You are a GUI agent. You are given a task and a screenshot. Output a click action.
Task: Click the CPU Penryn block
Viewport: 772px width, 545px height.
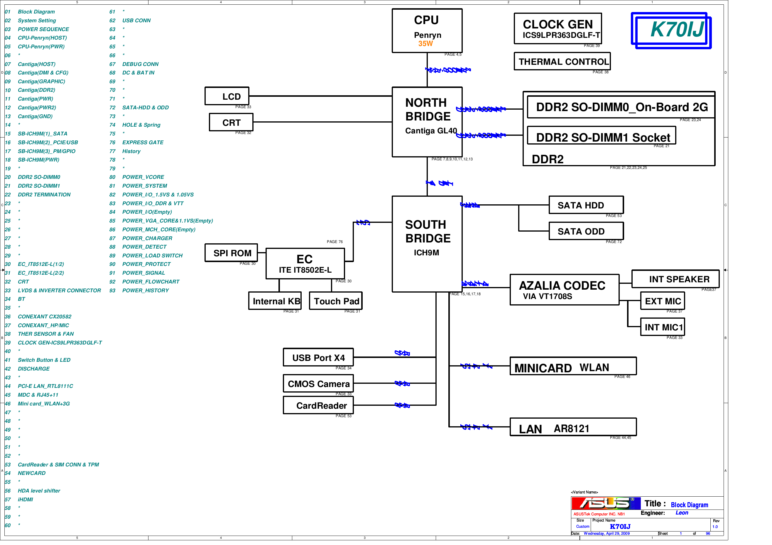pyautogui.click(x=427, y=30)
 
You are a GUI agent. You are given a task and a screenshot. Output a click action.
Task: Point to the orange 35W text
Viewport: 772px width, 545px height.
pyautogui.click(x=425, y=44)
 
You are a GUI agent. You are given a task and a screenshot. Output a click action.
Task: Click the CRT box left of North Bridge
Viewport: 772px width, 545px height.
pyautogui.click(x=231, y=122)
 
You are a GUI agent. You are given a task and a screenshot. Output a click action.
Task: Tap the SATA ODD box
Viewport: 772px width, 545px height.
pyautogui.click(x=586, y=231)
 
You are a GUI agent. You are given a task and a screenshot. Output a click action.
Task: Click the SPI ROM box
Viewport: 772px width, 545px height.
pyautogui.click(x=231, y=253)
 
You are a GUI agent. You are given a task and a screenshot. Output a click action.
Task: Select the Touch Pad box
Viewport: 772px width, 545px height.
pyautogui.click(x=336, y=301)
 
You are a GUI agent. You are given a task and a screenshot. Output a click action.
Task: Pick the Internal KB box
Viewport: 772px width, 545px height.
pyautogui.click(x=275, y=301)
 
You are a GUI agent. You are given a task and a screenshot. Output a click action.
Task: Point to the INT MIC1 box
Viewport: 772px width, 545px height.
pyautogui.click(x=662, y=327)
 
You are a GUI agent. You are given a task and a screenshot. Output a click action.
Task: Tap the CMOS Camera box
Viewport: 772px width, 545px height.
pyautogui.click(x=318, y=384)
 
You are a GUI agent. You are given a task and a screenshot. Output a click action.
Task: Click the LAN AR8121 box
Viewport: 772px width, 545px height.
pyautogui.click(x=572, y=427)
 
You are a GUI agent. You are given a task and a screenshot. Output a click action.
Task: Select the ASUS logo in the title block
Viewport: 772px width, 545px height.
pyautogui.click(x=605, y=503)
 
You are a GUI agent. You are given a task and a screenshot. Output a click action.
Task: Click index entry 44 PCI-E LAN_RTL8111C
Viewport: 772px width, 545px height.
pyautogui.click(x=45, y=386)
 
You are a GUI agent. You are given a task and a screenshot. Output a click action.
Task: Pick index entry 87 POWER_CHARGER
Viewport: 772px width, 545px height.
pyautogui.click(x=147, y=238)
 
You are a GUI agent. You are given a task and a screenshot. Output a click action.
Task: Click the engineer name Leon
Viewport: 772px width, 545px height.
pyautogui.click(x=682, y=513)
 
